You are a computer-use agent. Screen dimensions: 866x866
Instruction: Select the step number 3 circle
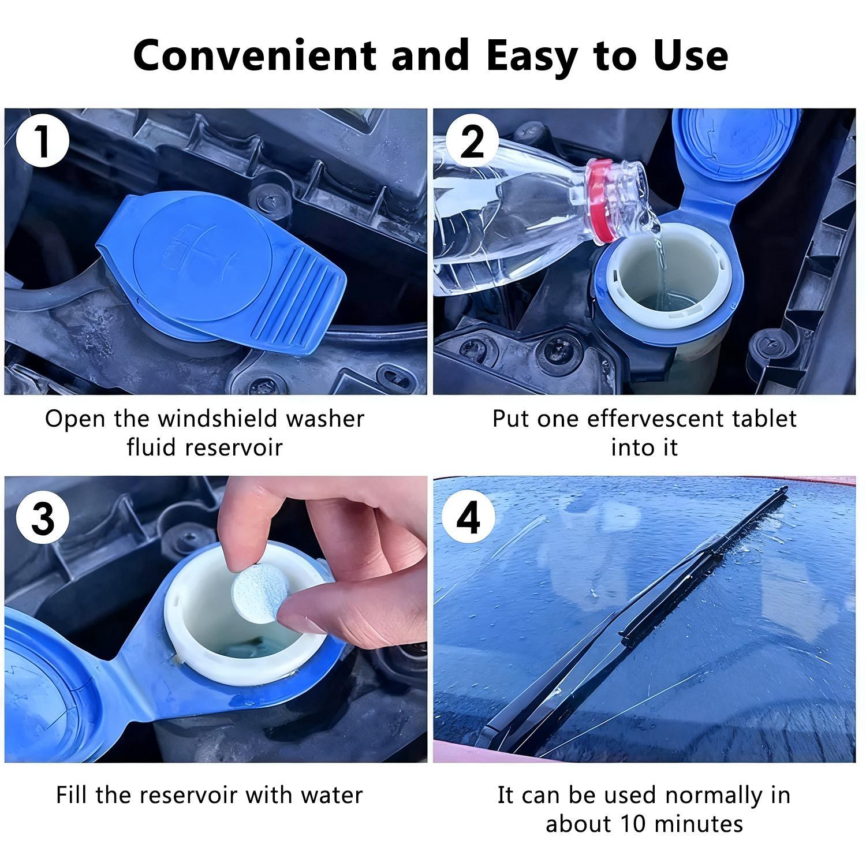pyautogui.click(x=42, y=517)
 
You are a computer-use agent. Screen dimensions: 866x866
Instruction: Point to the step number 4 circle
pyautogui.click(x=468, y=517)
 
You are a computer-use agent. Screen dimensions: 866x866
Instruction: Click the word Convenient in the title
pyautogui.click(x=254, y=56)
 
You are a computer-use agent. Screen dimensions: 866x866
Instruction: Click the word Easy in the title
pyautogui.click(x=531, y=56)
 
